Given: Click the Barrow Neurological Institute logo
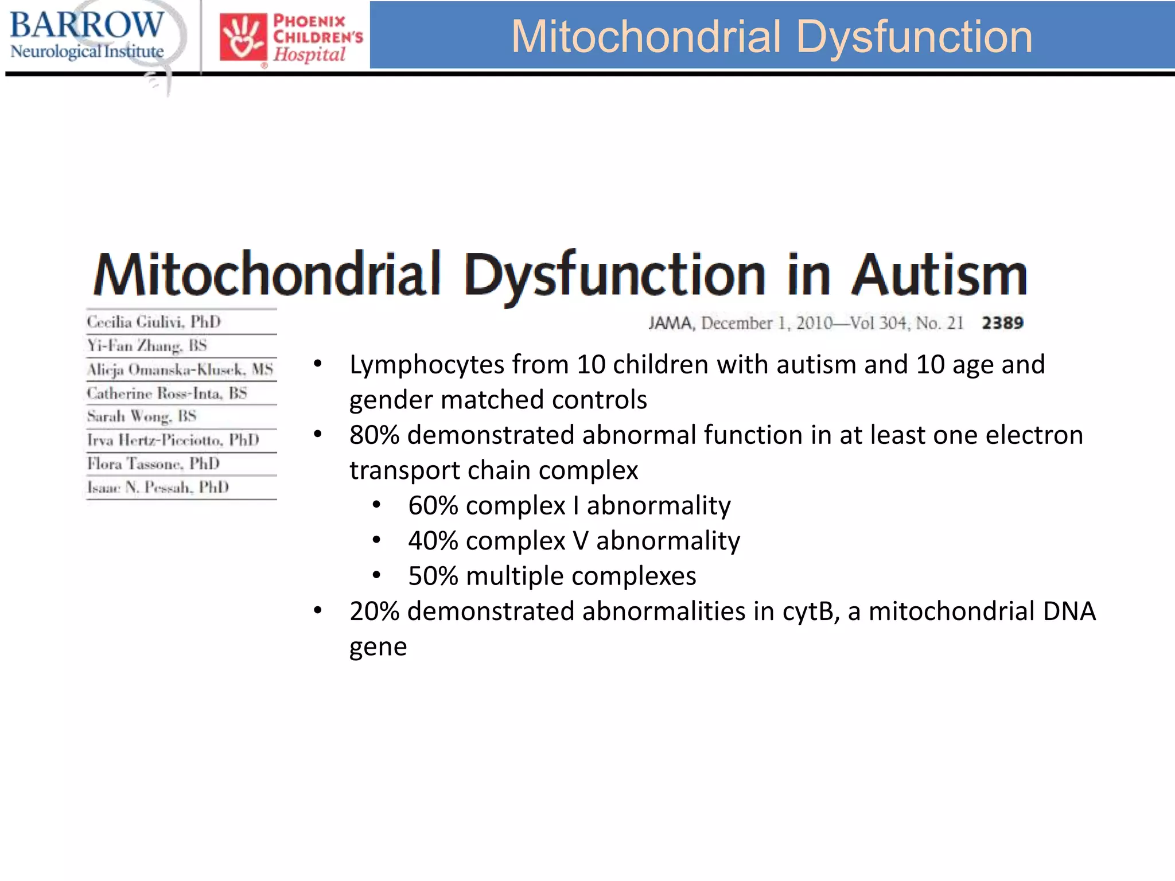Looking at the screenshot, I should [87, 36].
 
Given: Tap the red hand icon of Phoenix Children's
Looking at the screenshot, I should [243, 37].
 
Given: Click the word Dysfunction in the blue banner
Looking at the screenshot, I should [915, 37].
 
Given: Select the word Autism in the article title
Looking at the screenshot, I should [939, 275].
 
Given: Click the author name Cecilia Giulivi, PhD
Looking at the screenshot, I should [154, 322].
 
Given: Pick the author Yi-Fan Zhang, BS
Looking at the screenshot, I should [147, 345].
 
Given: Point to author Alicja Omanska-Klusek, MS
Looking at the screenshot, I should [180, 369].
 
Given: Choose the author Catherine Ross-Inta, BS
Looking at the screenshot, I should [167, 393].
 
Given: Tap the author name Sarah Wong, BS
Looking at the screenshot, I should [142, 416].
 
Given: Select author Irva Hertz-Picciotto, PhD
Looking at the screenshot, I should [173, 440].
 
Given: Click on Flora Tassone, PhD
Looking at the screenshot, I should [153, 463].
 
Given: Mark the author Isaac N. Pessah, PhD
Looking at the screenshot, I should [158, 488].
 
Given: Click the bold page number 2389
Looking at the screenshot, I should [1002, 323].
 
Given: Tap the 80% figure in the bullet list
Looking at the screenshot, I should [374, 435].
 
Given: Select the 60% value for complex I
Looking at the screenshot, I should [433, 505].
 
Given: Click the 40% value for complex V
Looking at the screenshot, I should [433, 541].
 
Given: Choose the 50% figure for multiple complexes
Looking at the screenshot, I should [433, 576].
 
